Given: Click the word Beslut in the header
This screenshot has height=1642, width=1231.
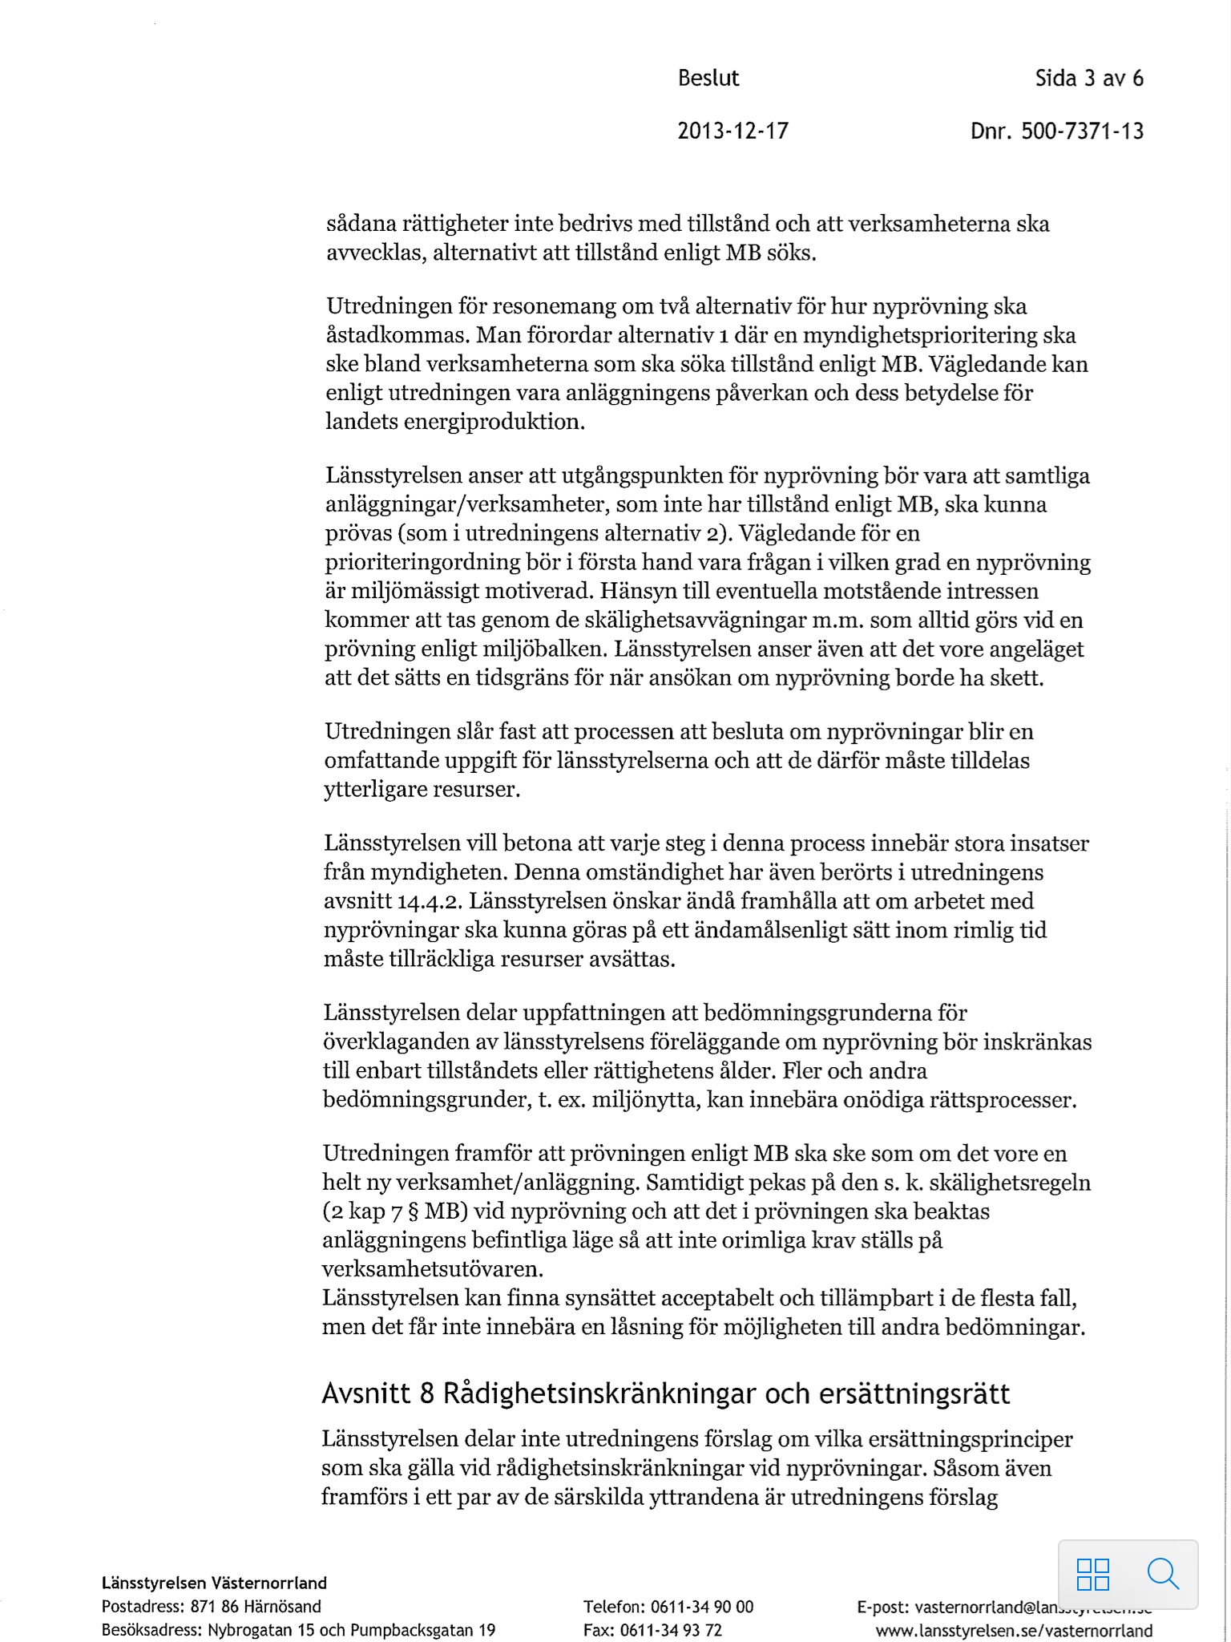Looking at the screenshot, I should (708, 79).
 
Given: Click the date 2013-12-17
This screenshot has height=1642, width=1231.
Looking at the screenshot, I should (733, 131).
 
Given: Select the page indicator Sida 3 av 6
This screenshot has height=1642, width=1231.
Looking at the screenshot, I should (1089, 79).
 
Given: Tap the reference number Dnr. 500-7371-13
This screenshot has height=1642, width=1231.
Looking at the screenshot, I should (1056, 131).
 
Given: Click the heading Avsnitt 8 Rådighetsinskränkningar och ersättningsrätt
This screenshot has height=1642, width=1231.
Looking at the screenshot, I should (665, 1394).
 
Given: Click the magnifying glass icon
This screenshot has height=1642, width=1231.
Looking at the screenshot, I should (1163, 1574).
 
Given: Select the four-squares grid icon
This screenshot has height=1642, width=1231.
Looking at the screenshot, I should (1093, 1574).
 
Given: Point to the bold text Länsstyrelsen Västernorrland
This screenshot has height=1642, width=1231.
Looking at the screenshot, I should (214, 1583).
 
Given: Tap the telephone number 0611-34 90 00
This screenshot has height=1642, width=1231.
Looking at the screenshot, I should (702, 1607).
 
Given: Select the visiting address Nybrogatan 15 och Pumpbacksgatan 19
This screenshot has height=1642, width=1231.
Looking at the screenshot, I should (351, 1630).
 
